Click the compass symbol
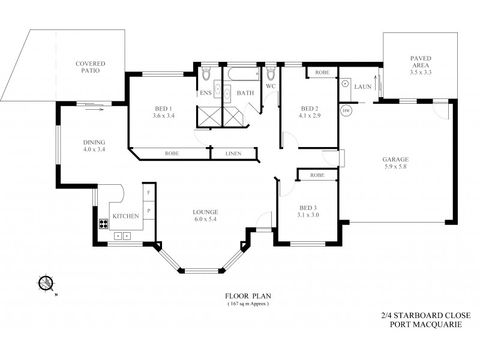45,283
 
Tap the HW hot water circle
346,111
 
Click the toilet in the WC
271,74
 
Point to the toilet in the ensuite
206,73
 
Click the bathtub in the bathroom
242,76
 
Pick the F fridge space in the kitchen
148,193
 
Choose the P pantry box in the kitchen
148,211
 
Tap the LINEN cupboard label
233,154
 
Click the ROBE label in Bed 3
318,175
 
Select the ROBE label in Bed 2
322,72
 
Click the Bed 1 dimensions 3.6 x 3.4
163,116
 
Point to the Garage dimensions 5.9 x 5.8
395,167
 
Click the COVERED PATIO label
90,67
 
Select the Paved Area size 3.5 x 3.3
421,72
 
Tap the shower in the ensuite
209,115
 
